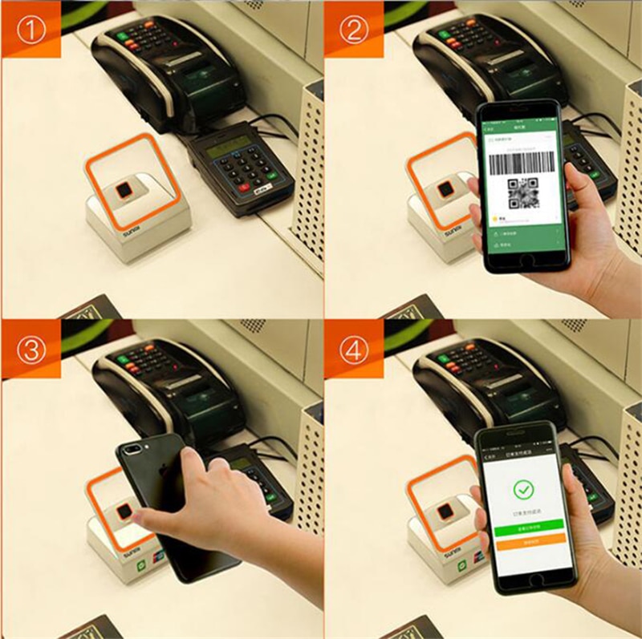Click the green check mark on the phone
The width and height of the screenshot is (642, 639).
point(524,488)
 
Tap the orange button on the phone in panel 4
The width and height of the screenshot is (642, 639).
point(527,541)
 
